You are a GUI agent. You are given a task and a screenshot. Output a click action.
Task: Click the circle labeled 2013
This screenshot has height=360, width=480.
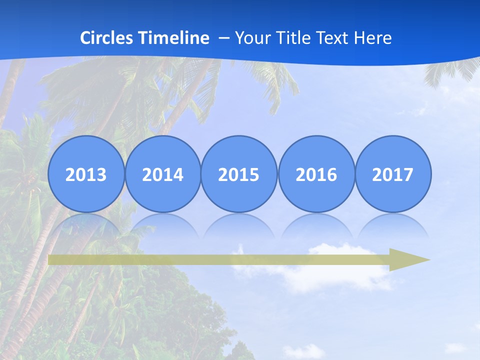[x=86, y=174]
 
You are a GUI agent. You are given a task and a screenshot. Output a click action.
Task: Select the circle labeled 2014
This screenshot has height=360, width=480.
[x=162, y=174]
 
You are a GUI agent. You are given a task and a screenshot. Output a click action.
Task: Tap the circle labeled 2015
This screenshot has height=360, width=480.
[x=239, y=174]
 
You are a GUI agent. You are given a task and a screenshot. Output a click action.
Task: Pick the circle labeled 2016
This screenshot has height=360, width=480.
[x=316, y=174]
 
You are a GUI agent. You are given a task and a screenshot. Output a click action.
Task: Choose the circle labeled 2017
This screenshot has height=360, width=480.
[x=392, y=174]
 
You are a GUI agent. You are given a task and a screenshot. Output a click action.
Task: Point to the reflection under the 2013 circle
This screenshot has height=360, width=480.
[x=86, y=224]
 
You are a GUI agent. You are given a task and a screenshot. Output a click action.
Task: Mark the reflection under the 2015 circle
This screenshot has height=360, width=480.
[x=239, y=224]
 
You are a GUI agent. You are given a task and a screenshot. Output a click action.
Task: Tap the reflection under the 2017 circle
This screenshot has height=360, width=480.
[x=392, y=224]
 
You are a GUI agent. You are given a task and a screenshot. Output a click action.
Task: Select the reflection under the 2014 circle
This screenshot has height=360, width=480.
[x=162, y=224]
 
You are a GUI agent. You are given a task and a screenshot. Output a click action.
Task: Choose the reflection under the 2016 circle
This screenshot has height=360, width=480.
[x=316, y=224]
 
